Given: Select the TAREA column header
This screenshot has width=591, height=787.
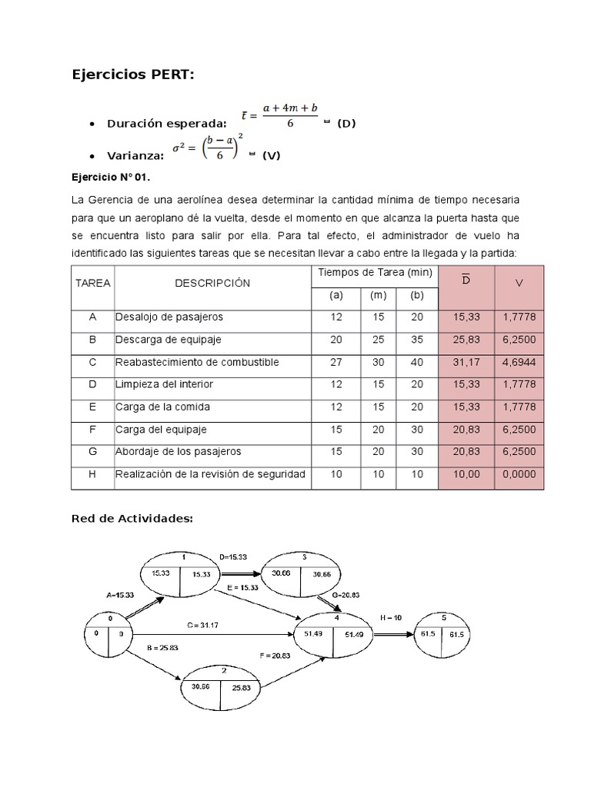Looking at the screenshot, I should tap(93, 283).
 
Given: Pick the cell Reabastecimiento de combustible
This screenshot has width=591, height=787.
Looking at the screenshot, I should tap(197, 362).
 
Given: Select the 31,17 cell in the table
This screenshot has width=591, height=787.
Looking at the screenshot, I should tap(466, 362).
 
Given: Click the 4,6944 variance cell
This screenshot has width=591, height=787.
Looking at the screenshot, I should tap(519, 362).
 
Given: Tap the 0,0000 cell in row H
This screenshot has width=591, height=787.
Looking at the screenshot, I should tap(519, 474).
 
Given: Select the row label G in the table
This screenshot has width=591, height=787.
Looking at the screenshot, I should tap(92, 452).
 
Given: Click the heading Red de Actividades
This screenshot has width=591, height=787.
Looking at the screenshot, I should tap(132, 519).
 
